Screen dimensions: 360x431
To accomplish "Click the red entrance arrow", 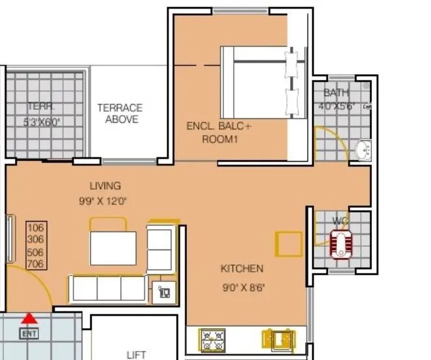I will (x=29, y=318).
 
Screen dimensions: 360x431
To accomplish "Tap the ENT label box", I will (x=29, y=334).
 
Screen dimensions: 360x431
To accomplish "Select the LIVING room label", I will (x=106, y=186).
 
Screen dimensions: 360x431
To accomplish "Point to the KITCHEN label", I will (x=241, y=268).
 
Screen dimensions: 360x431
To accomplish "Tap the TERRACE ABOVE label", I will (x=120, y=113).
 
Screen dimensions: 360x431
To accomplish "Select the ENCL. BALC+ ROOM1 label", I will (x=219, y=133).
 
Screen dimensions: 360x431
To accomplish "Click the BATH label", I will (x=336, y=93).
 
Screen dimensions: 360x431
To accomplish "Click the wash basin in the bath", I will (x=362, y=150).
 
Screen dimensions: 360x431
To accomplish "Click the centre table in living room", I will (x=113, y=247).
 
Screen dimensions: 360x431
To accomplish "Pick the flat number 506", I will (x=36, y=252).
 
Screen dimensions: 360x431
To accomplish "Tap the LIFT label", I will (x=136, y=354).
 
